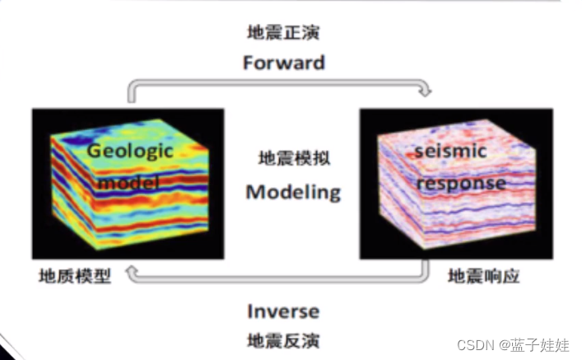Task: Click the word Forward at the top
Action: coord(283,63)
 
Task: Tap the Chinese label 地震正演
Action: coord(283,33)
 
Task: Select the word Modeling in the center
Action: coord(293,192)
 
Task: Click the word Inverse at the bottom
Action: coord(283,311)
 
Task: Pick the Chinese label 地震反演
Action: coord(283,339)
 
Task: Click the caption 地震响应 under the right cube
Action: coord(484,275)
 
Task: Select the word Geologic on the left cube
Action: coord(131,151)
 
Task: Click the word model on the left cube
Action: coord(128,181)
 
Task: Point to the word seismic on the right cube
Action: coord(450,152)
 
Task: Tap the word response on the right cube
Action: coord(460,182)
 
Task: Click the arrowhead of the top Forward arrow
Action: coord(426,88)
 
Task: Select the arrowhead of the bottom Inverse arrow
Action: coord(133,278)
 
